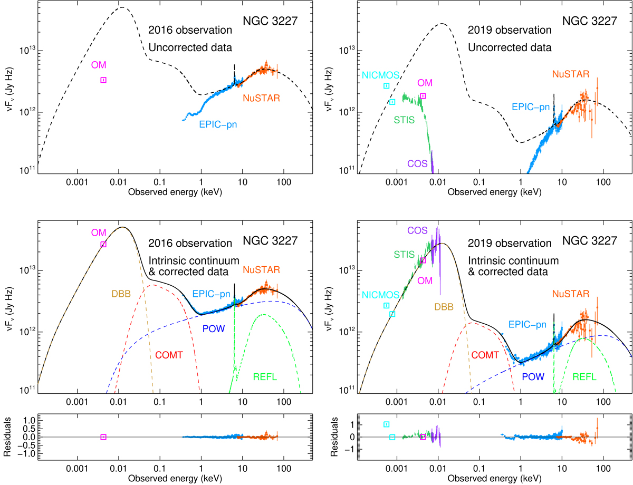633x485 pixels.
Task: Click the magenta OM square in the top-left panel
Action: (x=103, y=80)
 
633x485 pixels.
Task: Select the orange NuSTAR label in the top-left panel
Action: (x=261, y=98)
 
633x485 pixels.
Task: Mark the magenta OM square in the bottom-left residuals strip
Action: (x=103, y=437)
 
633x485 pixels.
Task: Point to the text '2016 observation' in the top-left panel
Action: (x=190, y=30)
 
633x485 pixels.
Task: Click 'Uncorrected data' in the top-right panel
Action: (x=510, y=47)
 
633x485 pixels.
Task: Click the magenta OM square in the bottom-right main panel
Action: (x=423, y=260)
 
